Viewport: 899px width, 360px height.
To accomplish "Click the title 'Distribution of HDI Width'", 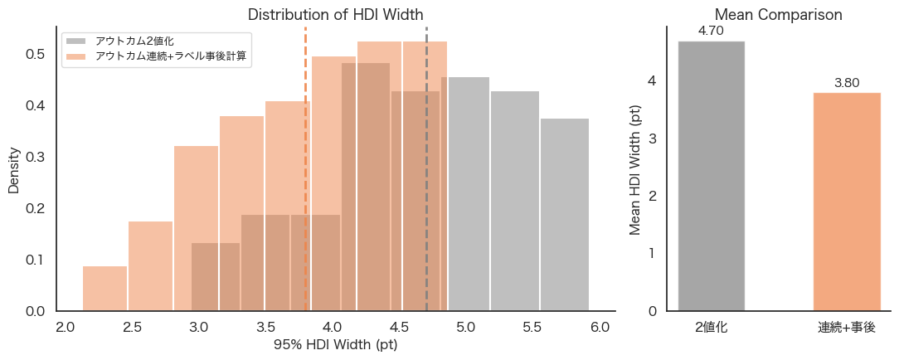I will pos(335,14).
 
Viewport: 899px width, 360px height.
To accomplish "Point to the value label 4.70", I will pos(711,31).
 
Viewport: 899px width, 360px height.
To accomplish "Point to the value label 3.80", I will pos(846,83).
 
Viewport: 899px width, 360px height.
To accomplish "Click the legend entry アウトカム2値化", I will pos(134,40).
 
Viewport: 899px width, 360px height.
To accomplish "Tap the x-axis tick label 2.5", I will pos(132,327).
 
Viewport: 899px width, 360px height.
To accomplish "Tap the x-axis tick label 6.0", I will pos(600,327).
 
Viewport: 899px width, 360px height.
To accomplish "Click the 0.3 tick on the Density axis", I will pos(35,157).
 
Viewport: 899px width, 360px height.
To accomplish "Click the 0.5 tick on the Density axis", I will pos(35,54).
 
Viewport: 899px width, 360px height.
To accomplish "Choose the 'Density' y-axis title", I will pos(13,171).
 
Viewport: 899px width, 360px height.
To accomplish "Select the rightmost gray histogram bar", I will pos(565,215).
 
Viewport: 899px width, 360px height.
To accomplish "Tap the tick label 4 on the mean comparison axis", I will pos(652,81).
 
